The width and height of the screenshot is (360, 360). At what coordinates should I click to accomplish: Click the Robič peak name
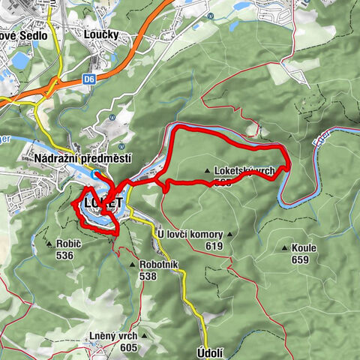pos(69,244)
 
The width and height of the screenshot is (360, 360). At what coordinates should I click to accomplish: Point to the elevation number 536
pos(64,255)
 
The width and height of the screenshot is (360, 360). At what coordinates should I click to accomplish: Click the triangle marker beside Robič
pos(49,244)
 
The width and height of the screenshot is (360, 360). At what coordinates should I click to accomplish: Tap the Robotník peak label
pos(159,265)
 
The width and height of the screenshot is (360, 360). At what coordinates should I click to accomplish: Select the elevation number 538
pos(148,275)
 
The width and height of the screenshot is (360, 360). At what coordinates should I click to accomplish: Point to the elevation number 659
pos(299,259)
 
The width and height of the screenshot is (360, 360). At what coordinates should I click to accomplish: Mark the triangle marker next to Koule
pos(284,248)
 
